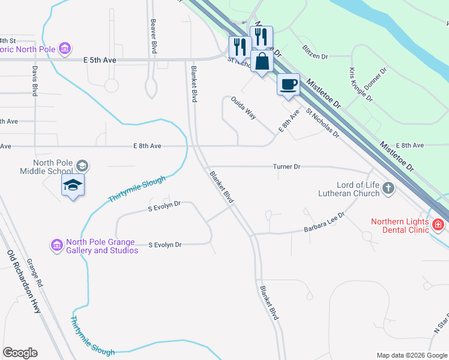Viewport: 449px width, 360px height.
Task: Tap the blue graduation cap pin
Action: coord(73,185)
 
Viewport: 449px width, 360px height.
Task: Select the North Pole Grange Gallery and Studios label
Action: coord(101,246)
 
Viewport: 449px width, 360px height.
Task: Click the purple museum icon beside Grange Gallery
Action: coord(57,245)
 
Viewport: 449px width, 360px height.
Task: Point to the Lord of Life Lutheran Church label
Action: coord(351,189)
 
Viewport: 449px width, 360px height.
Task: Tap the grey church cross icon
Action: coord(388,189)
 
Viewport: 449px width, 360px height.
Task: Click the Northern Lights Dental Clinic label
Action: coord(400,225)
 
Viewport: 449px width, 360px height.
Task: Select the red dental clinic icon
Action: coord(438,225)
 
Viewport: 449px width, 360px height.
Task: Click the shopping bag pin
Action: coord(262,61)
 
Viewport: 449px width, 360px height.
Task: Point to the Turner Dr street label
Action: coord(286,167)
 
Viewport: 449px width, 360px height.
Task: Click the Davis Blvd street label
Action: coord(34,80)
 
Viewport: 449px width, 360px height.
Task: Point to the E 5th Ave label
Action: coord(100,61)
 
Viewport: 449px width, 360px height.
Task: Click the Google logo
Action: coord(20,353)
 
